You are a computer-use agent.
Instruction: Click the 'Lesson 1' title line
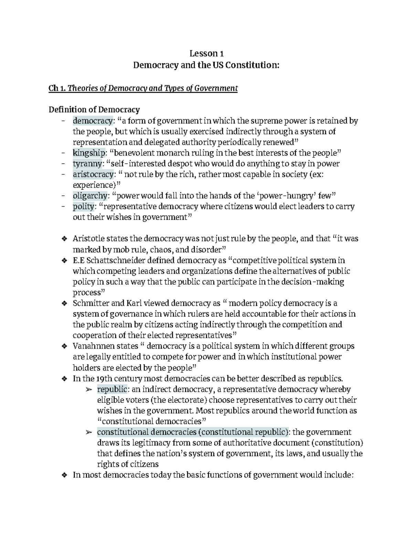point(206,53)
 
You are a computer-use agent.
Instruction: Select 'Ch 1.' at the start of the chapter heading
point(57,89)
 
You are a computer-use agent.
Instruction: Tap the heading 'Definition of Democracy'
point(94,110)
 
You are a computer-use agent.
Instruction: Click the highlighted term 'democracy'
point(92,121)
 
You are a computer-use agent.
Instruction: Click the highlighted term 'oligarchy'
point(90,196)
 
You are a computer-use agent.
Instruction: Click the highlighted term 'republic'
point(112,389)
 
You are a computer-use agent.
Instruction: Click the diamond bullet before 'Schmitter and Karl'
point(64,303)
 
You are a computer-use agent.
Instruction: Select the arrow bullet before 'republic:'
point(89,390)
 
